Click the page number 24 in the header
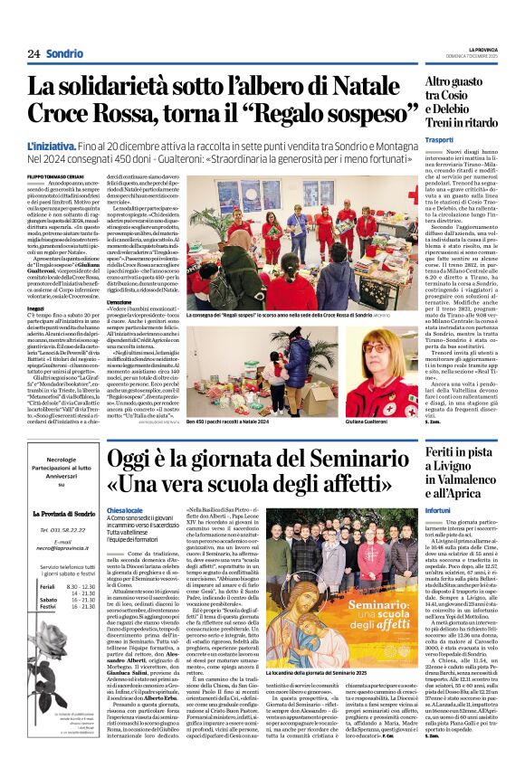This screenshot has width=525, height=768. point(34,53)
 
